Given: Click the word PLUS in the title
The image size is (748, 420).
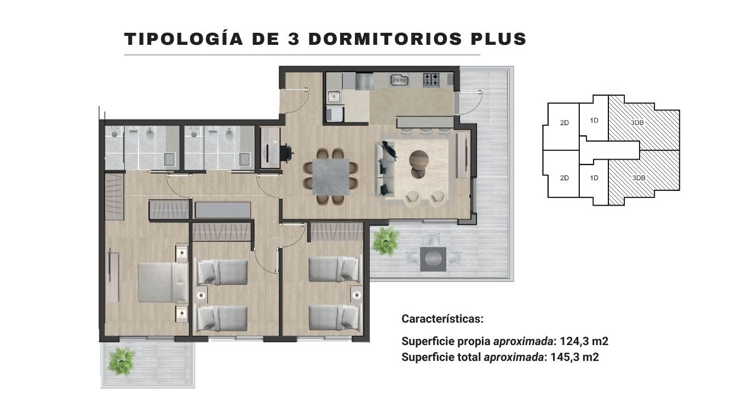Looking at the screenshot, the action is tap(498, 39).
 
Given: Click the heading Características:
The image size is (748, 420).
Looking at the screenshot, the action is tap(442, 319).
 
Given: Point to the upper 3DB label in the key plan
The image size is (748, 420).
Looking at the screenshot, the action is tap(637, 122).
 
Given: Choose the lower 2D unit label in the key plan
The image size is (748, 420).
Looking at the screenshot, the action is tap(565, 178).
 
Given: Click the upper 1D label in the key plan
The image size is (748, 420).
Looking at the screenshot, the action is tap(594, 120).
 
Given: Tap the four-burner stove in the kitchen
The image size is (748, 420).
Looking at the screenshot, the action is tap(431, 80).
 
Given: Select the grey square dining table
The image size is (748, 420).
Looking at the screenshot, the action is tap(331, 177).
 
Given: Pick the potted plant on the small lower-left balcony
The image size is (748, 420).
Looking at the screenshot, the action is tap(122, 361).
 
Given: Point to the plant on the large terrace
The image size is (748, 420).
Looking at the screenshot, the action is tap(385, 241).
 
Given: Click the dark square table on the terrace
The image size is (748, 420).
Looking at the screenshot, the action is tap(433, 259).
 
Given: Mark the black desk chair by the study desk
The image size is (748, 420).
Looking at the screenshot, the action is tap(286, 153).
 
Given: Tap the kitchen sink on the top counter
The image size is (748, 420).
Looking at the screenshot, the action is tap(399, 80).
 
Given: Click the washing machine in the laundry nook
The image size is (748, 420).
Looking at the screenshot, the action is tap(334, 114).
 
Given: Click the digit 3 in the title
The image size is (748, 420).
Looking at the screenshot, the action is tap(293, 39).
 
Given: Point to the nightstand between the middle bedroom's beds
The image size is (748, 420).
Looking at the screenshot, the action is tap(201, 295).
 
